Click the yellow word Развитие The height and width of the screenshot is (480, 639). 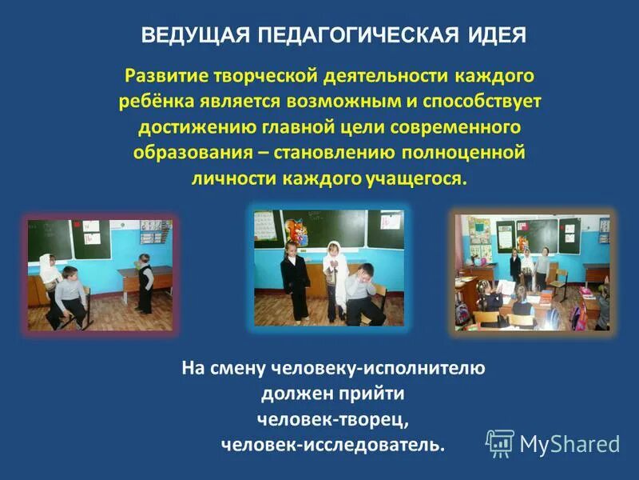[x=167, y=78]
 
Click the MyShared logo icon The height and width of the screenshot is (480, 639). [x=500, y=442]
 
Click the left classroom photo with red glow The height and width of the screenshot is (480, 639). [x=100, y=274]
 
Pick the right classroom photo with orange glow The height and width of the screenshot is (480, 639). [x=532, y=272]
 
